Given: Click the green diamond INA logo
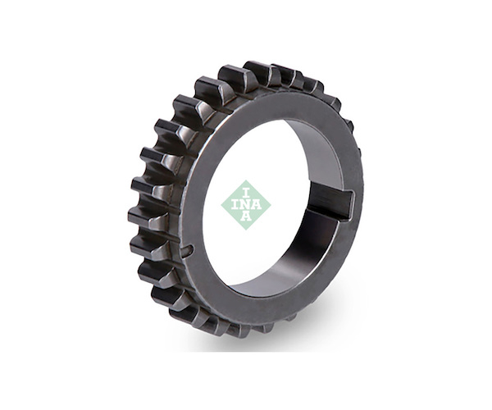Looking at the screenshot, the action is tap(246, 205).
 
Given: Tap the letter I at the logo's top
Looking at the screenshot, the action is tap(246, 193).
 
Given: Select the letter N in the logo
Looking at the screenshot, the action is tap(246, 204).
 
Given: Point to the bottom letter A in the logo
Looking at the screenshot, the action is tap(246, 216).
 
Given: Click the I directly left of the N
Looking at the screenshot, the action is tap(235, 204).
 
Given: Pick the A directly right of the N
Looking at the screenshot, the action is tap(257, 204).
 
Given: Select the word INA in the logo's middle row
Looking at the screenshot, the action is tap(247, 204).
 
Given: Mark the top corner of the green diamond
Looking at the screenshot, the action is tap(246, 180).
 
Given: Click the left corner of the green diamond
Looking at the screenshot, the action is tap(221, 205).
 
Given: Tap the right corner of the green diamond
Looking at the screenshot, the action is tap(271, 205).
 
